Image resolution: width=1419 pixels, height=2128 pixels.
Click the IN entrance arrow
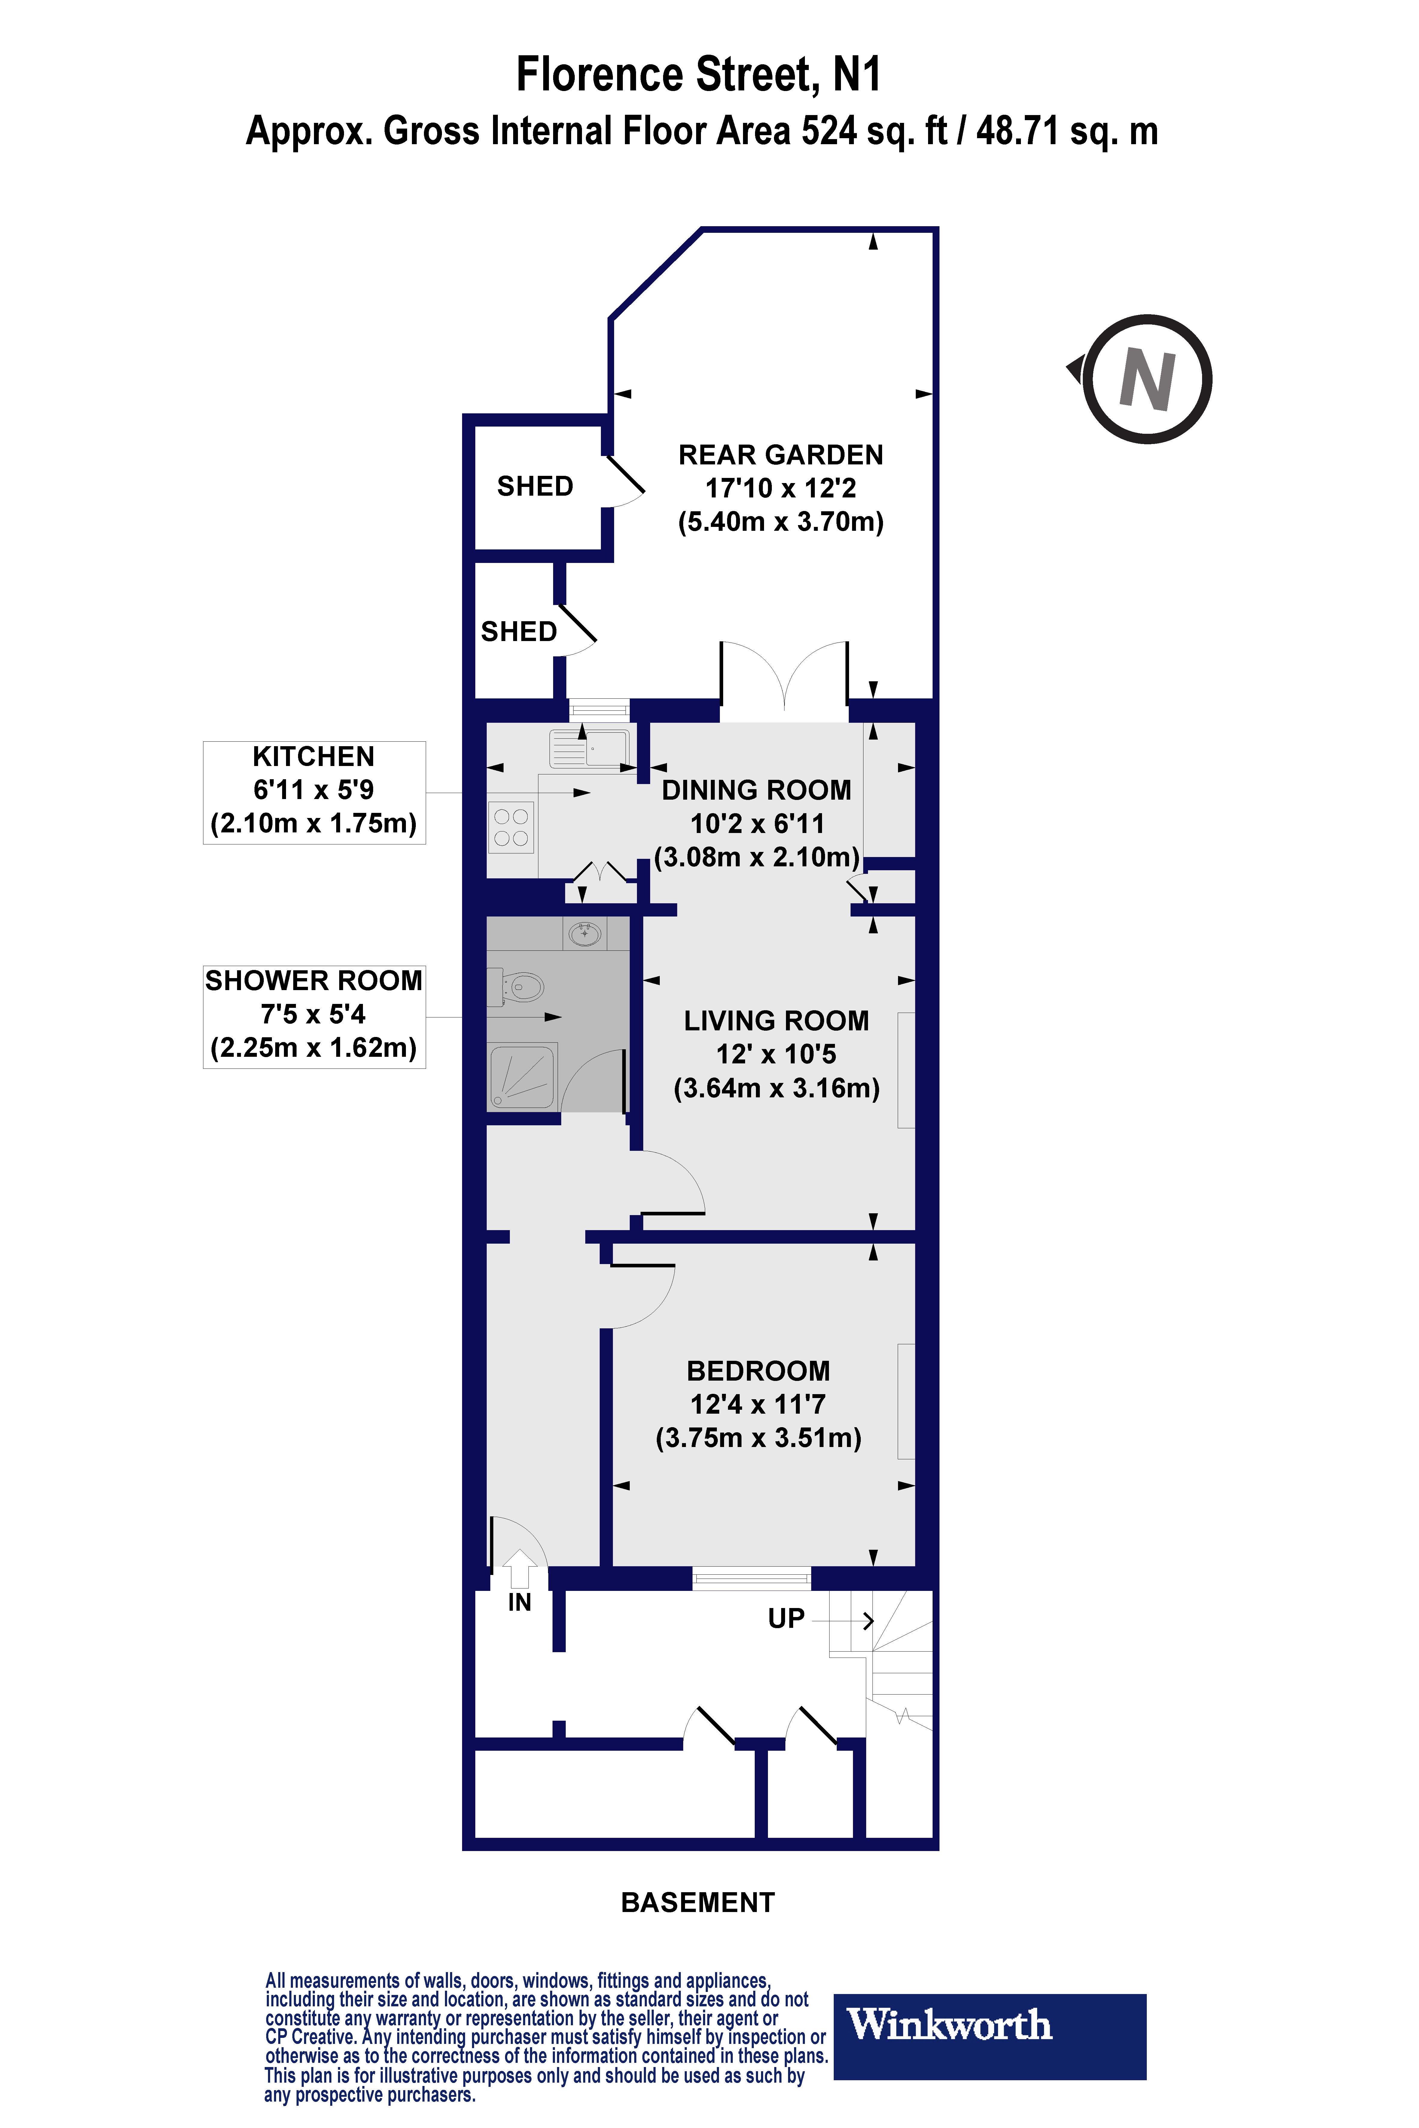coord(519,1570)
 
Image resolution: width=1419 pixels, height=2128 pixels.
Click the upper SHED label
coord(535,487)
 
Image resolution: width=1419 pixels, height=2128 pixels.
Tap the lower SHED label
coord(519,631)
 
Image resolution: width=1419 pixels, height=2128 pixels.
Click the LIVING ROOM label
coord(776,1020)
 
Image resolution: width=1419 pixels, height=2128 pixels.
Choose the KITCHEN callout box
coord(314,792)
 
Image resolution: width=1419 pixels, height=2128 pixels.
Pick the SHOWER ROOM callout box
coord(314,1017)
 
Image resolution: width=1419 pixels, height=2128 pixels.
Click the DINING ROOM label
coord(757,790)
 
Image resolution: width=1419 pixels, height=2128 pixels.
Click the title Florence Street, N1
coord(698,74)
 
